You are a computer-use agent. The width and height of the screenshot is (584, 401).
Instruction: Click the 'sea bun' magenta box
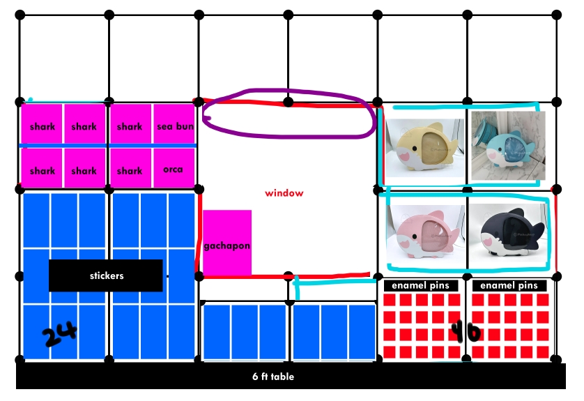click(174, 126)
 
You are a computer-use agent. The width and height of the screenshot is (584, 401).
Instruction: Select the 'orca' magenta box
click(173, 169)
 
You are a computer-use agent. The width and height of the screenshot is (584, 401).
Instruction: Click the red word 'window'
click(284, 192)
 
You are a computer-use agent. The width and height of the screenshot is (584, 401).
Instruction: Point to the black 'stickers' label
click(106, 275)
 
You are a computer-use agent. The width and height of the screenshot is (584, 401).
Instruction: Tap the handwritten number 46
click(465, 331)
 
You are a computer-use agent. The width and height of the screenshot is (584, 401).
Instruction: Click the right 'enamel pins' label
click(509, 285)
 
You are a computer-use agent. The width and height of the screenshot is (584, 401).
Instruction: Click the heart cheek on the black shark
click(493, 242)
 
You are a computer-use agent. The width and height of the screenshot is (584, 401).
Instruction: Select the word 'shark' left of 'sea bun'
click(130, 127)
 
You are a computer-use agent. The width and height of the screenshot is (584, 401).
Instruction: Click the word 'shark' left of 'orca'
click(130, 170)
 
